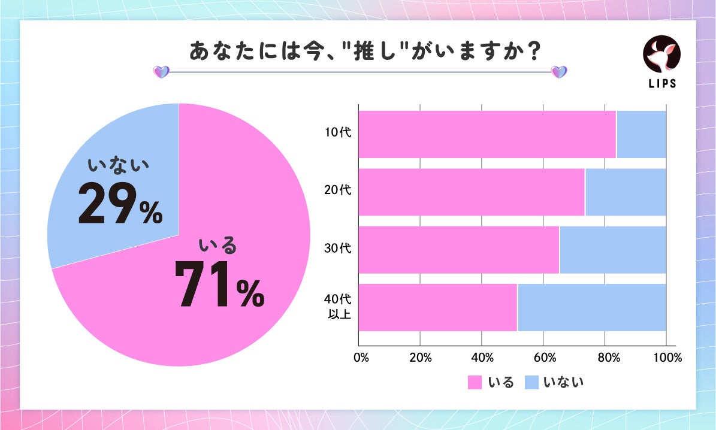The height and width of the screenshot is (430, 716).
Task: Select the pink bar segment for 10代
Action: pyautogui.click(x=487, y=135)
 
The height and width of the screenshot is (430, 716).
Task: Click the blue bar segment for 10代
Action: pyautogui.click(x=641, y=135)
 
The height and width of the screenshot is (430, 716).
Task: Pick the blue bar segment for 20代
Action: pyautogui.click(x=626, y=192)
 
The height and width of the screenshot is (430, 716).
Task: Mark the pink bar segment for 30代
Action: pyautogui.click(x=458, y=250)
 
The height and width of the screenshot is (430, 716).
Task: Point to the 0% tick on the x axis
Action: pyautogui.click(x=361, y=358)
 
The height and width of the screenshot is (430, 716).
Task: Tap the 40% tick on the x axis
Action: pyautogui.click(x=482, y=358)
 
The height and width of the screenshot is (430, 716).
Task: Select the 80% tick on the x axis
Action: pyautogui.click(x=605, y=358)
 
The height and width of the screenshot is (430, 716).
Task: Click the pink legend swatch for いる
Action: pyautogui.click(x=475, y=382)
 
